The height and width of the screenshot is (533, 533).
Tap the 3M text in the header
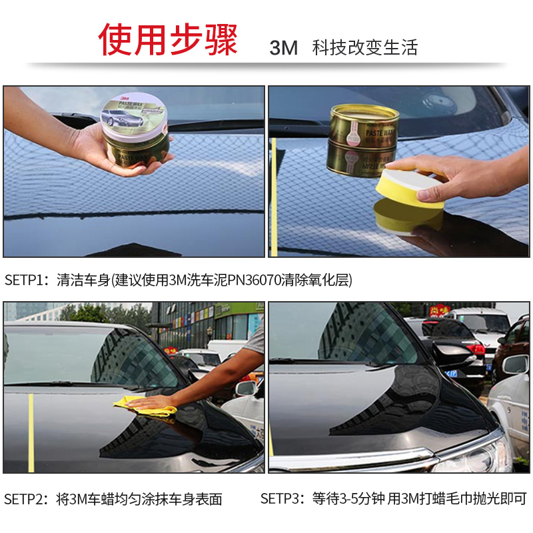pos(283,48)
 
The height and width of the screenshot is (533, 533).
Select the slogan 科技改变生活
pos(364,48)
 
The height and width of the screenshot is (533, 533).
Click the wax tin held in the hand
pos(135,129)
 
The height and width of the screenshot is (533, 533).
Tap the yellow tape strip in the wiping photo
pos(31,433)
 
